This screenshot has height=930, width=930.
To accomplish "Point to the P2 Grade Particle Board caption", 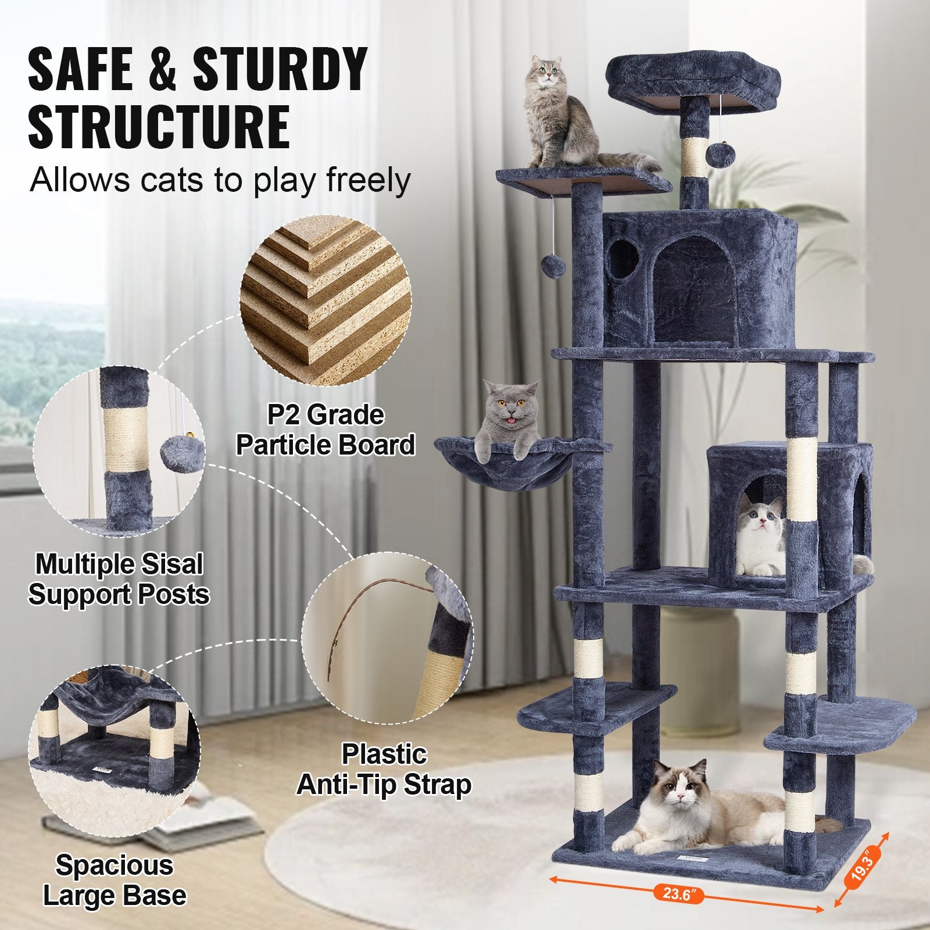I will click(x=325, y=430).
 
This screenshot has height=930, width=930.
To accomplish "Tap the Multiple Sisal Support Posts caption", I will click(x=119, y=580).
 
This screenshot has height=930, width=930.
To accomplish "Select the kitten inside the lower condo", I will click(x=759, y=538).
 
